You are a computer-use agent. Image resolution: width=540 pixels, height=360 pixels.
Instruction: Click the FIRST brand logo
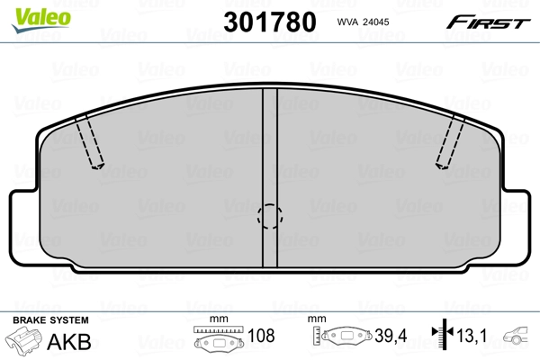click(489, 21)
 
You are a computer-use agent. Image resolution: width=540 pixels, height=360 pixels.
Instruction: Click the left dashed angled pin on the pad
click(90, 144)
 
